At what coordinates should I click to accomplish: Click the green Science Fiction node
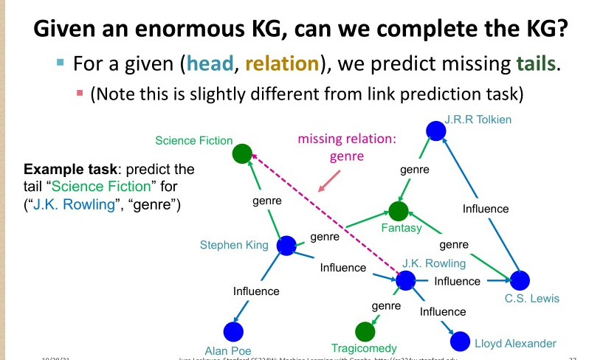coord(241,153)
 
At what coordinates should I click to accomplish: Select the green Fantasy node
coord(399,212)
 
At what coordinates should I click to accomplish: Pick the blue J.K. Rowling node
coord(405,280)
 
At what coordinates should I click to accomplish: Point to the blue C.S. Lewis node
coord(520,280)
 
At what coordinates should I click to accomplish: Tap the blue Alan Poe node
coord(233,332)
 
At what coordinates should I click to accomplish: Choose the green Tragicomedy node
coord(365,331)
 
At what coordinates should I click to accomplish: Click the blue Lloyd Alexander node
coord(460,341)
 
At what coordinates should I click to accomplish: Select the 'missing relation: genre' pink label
coord(337,147)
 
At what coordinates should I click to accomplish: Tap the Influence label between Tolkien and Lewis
coord(485,208)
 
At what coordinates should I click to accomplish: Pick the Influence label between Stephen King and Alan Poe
coord(256,291)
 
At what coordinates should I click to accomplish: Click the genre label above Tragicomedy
coord(386,305)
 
